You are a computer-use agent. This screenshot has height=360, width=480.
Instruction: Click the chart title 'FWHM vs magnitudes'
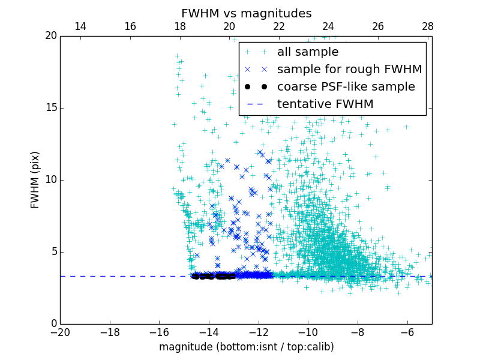247,13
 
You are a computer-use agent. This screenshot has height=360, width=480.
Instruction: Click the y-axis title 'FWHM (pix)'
35,180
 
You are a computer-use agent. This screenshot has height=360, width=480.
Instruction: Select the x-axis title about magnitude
246,347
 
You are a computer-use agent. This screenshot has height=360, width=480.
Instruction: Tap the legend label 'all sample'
308,52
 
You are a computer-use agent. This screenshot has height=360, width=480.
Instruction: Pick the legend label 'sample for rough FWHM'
349,70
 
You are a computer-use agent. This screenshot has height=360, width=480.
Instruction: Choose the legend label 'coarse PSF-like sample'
346,87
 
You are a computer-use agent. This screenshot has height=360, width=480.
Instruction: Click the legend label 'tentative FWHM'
325,104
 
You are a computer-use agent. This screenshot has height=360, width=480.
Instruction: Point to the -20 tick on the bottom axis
60,332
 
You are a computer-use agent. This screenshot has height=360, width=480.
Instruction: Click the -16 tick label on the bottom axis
159,332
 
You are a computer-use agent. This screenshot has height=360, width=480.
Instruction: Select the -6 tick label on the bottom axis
407,332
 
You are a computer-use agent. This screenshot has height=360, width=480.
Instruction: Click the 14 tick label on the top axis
80,26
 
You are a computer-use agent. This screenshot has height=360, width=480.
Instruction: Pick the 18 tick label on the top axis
179,26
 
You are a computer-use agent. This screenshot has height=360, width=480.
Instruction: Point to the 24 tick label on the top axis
328,26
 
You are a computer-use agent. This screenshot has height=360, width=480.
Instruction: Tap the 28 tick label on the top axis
427,26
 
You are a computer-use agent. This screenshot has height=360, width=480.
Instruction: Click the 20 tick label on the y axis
50,36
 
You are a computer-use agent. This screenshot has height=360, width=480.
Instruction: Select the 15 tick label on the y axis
50,108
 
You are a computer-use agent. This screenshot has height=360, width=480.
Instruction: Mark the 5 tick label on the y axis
53,252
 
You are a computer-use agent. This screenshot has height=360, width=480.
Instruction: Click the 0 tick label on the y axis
53,324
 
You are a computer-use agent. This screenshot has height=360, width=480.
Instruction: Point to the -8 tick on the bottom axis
358,332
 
